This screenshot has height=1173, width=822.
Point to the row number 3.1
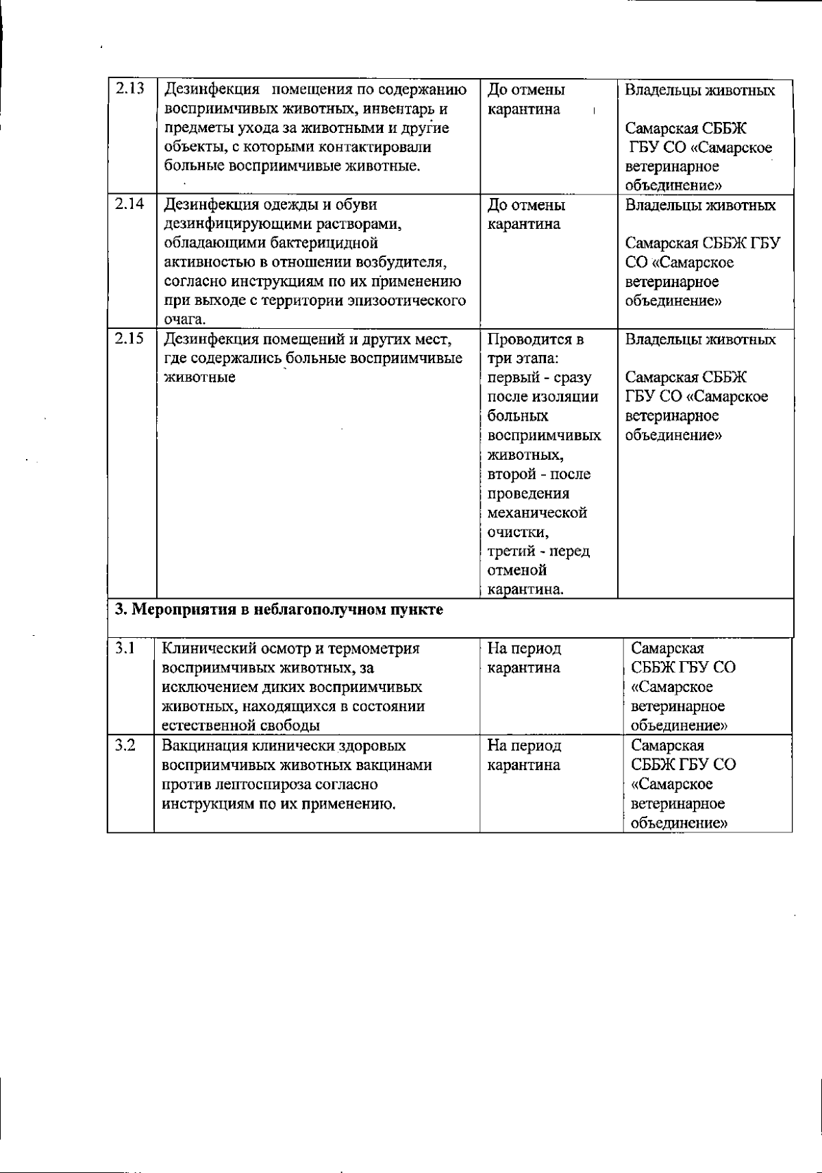(124, 647)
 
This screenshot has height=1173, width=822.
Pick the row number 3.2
(125, 745)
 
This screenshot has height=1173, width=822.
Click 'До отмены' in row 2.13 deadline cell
(526, 90)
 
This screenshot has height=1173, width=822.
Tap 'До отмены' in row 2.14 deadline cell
(526, 205)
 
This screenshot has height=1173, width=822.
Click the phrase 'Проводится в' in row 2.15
(535, 339)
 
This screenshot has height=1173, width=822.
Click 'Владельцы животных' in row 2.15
(700, 339)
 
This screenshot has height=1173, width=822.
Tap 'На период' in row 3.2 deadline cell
(524, 745)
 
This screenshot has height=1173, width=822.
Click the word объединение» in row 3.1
(678, 725)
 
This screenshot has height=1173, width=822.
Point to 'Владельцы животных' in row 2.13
(700, 90)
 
